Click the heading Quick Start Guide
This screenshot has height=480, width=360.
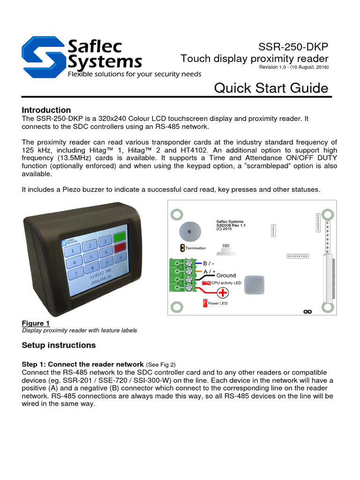coord(271,88)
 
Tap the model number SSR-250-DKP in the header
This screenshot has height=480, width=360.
coord(293,47)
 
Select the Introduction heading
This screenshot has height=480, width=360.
coord(46,110)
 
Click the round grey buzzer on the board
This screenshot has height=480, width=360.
coord(189,231)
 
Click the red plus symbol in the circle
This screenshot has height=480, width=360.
coord(222,292)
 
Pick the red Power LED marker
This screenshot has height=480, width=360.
coord(205,304)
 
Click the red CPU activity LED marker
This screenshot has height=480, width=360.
coord(205,283)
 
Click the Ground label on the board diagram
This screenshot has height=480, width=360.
coord(226,276)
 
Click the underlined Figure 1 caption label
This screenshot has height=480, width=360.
coord(36,323)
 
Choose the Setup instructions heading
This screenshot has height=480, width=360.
coord(59,345)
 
